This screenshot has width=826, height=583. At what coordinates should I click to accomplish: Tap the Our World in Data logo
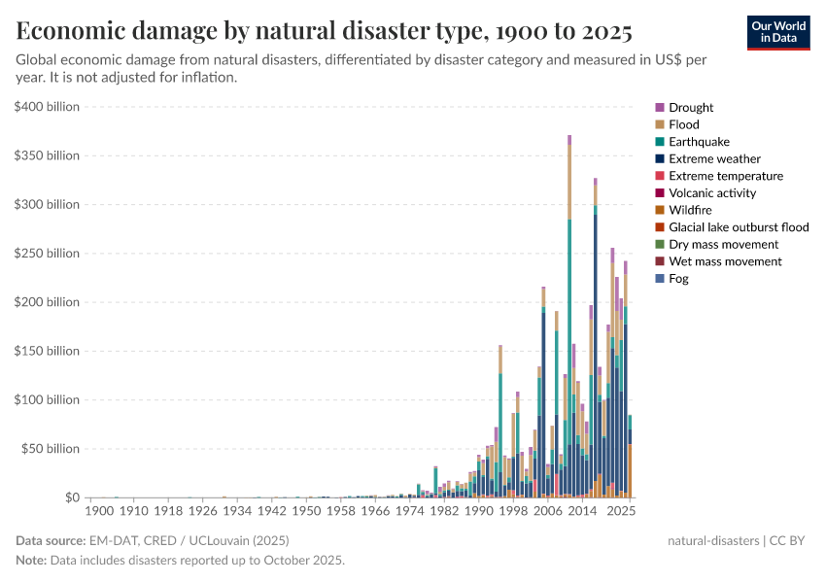[777, 32]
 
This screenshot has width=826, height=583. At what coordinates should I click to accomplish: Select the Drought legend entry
[690, 108]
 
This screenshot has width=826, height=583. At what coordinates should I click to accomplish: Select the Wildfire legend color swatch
[660, 210]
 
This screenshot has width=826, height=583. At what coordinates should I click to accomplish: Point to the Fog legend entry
[678, 279]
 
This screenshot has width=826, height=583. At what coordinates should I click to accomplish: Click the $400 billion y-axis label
[47, 107]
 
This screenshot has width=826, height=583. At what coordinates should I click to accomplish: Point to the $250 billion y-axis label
[47, 254]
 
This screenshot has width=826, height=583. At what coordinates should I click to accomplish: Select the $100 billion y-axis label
[47, 400]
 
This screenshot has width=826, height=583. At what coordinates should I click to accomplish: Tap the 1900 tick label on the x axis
[100, 510]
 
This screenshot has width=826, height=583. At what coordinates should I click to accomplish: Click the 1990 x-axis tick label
[478, 510]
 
